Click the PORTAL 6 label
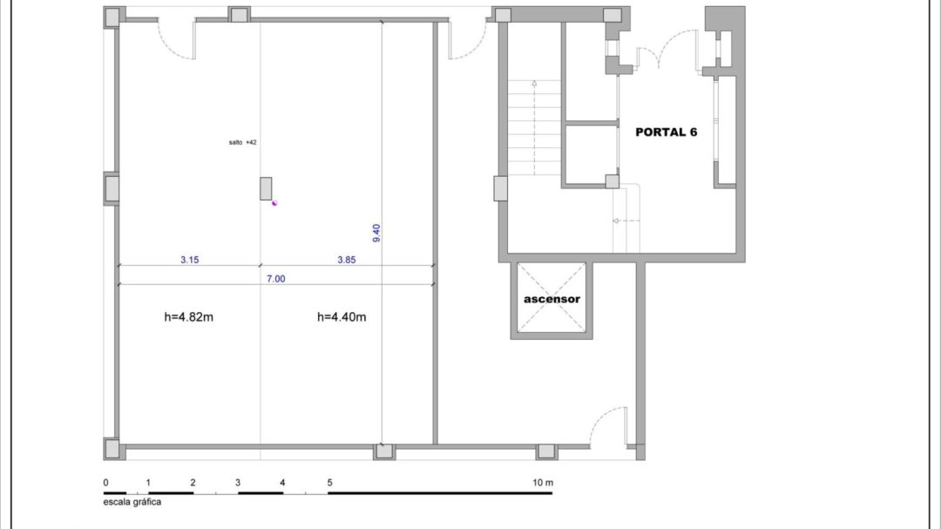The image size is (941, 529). [667, 132]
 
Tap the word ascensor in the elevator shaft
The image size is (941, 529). [552, 299]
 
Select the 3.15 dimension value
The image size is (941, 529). [190, 260]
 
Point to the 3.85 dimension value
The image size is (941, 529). [346, 260]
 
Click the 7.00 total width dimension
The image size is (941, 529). [276, 279]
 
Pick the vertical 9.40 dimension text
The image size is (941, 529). [376, 233]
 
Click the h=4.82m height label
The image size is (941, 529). [188, 317]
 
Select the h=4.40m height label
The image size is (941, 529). [342, 317]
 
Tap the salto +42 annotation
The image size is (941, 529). [242, 142]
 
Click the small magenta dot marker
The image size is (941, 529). [274, 203]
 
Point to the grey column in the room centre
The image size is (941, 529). [266, 188]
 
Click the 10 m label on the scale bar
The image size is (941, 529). [543, 483]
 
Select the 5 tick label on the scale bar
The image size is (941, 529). [329, 483]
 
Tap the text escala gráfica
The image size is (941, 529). [132, 502]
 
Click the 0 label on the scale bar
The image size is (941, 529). [105, 483]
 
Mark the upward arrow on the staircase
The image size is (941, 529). [534, 127]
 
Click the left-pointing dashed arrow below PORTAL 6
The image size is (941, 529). [626, 221]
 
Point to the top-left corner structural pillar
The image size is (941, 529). [112, 17]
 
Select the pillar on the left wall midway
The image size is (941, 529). [112, 189]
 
